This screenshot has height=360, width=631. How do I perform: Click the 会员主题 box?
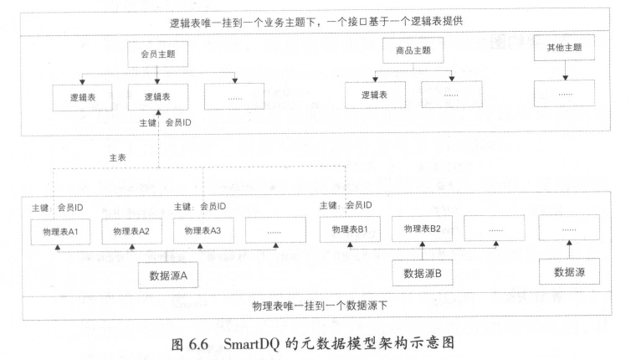158,56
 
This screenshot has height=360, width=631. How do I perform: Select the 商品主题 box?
413,51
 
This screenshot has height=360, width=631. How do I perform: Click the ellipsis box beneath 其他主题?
566,94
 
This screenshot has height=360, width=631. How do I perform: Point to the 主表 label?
118,156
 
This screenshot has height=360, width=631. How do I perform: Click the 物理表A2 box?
131,230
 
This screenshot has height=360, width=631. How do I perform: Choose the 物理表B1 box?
351,229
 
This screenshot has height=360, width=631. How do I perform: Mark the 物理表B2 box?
422,228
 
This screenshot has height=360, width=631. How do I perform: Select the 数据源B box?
428,272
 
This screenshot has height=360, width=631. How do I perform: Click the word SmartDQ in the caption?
259,342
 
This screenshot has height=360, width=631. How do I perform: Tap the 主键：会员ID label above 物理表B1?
346,205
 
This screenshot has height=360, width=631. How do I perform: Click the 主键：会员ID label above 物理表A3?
200,206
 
